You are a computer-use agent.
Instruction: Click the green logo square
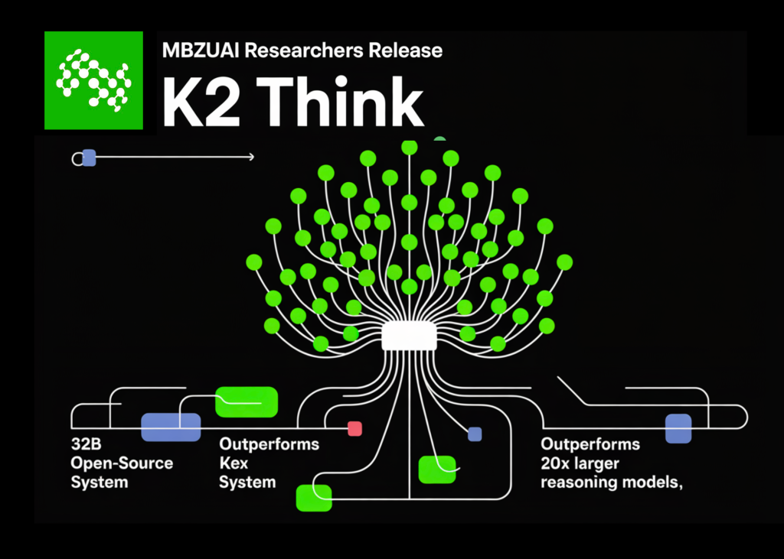click(93, 80)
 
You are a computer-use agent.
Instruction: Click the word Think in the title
click(334, 102)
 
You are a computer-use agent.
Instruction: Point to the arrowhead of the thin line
click(251, 158)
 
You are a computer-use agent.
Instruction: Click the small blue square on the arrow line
click(89, 158)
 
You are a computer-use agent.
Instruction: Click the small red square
click(354, 428)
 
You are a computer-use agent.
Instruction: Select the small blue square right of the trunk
click(475, 434)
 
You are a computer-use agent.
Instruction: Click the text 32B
click(86, 444)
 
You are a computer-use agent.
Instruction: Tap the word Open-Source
click(122, 463)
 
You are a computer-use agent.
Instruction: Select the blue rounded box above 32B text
click(171, 427)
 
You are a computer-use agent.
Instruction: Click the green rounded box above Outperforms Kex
click(246, 401)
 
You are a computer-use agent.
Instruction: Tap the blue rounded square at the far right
click(678, 428)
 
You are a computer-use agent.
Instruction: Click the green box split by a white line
click(437, 470)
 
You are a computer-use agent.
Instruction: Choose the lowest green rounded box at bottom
click(314, 497)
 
